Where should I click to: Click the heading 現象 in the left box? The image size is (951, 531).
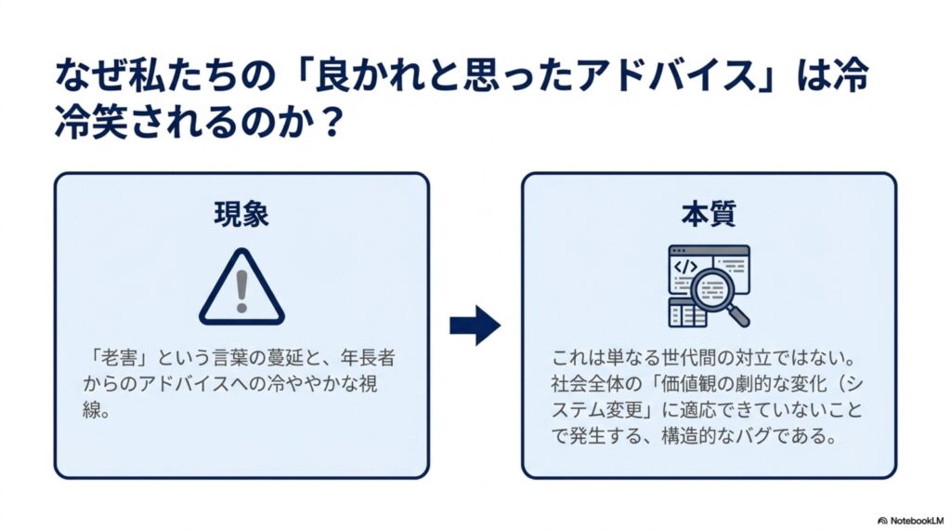click(241, 215)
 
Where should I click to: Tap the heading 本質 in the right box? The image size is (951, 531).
click(709, 215)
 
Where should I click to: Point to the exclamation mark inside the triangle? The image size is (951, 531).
click(242, 291)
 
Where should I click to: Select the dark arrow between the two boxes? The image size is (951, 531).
click(475, 325)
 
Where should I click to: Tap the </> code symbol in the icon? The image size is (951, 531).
click(685, 267)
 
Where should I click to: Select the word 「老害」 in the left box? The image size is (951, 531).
click(118, 358)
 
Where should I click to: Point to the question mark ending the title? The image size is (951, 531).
click(332, 122)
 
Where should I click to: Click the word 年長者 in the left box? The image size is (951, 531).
click(368, 358)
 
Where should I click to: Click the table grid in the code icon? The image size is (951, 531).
click(687, 312)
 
